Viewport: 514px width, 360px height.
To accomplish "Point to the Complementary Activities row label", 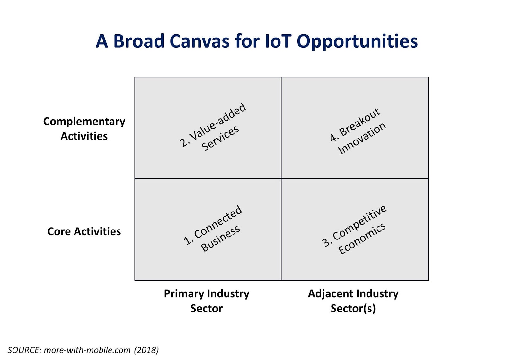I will pos(84,129).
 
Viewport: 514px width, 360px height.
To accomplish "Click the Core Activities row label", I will pos(84,231).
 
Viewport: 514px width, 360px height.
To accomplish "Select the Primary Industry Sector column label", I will pos(207,301).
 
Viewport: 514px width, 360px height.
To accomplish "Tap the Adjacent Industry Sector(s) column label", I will pos(353,301).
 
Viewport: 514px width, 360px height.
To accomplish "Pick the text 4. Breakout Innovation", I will pos(357,131).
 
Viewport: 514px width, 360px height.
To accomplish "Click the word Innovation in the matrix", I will pos(362,138).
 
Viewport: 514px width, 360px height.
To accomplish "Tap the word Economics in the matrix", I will pos(362,239).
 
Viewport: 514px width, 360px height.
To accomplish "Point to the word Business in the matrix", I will pos(220,238).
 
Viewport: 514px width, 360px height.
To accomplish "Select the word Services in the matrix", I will pos(220,138).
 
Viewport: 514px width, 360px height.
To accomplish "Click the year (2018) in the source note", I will pos(146,350).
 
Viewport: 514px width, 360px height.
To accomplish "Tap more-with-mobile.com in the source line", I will pos(87,350).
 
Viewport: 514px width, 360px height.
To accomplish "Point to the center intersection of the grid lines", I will pos(281,179).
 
